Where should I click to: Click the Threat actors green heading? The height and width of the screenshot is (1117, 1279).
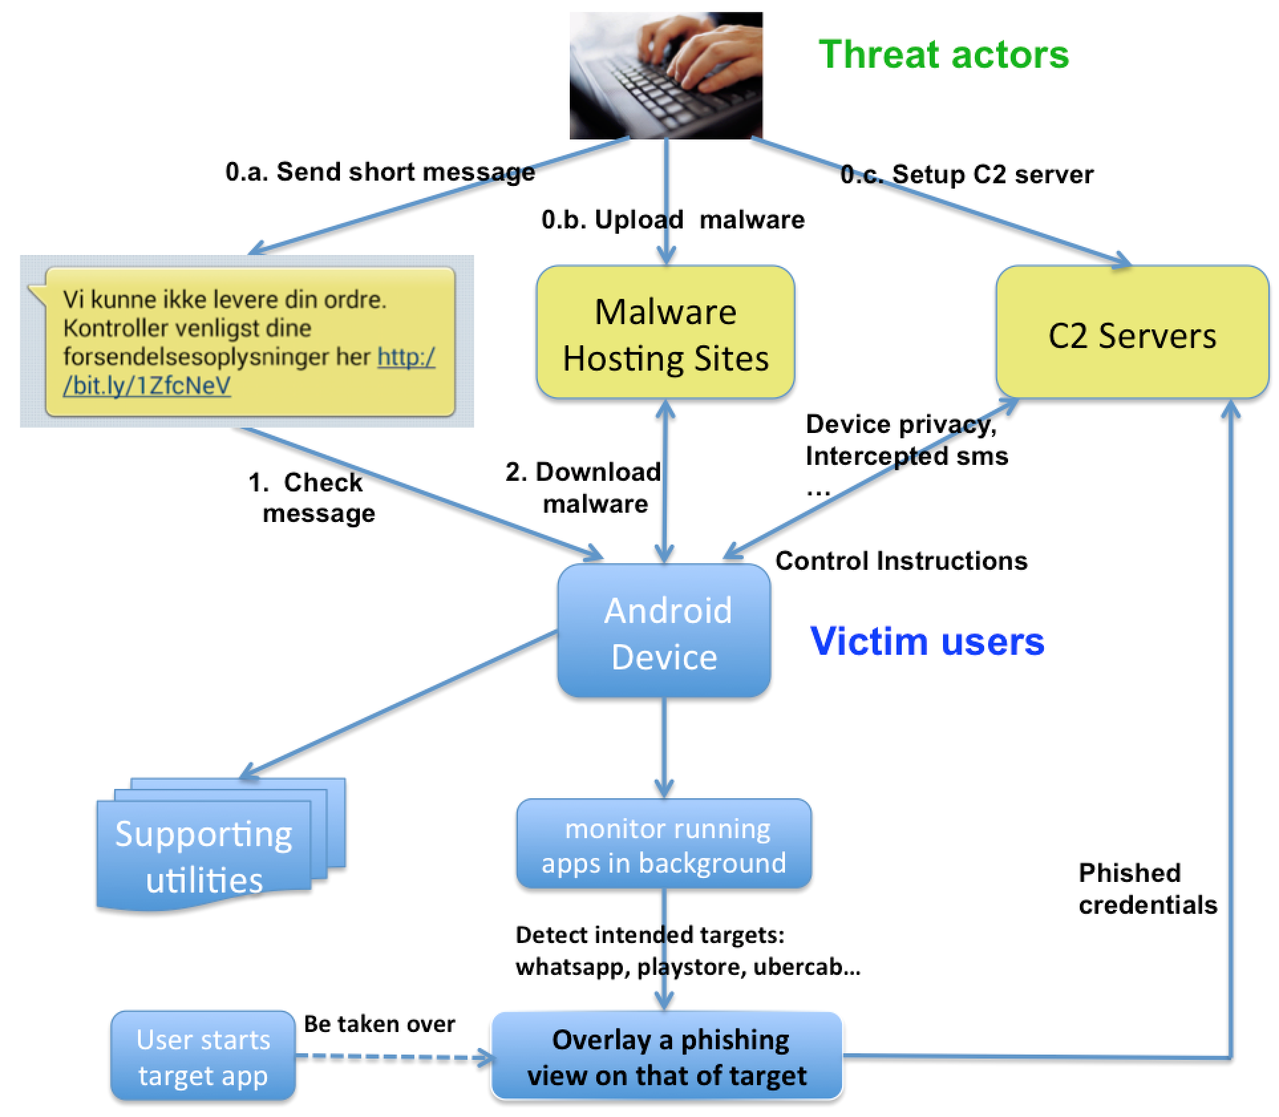[943, 54]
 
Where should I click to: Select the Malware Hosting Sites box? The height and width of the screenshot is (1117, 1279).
[665, 333]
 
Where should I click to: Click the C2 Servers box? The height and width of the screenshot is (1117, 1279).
[1132, 333]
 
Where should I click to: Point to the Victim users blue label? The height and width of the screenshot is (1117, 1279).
[927, 642]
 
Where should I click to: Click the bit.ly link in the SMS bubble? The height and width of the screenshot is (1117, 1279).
[147, 386]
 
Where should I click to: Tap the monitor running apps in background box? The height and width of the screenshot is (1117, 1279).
[664, 845]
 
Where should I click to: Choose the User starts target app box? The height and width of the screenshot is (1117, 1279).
[203, 1057]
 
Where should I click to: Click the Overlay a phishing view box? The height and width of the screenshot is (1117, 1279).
[667, 1057]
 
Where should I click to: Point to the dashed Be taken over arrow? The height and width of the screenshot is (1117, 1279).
[392, 1057]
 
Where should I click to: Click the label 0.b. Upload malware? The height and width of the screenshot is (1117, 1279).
[672, 220]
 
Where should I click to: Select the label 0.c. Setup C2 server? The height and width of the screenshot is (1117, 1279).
[966, 175]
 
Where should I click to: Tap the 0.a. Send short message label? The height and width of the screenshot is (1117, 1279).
[380, 172]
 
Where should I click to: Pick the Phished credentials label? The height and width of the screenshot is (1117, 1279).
[1147, 889]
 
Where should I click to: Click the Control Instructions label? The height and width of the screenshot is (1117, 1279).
[901, 561]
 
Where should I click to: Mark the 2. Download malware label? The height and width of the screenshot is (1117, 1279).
[583, 487]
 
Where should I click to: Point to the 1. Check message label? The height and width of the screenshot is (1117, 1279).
[312, 497]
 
